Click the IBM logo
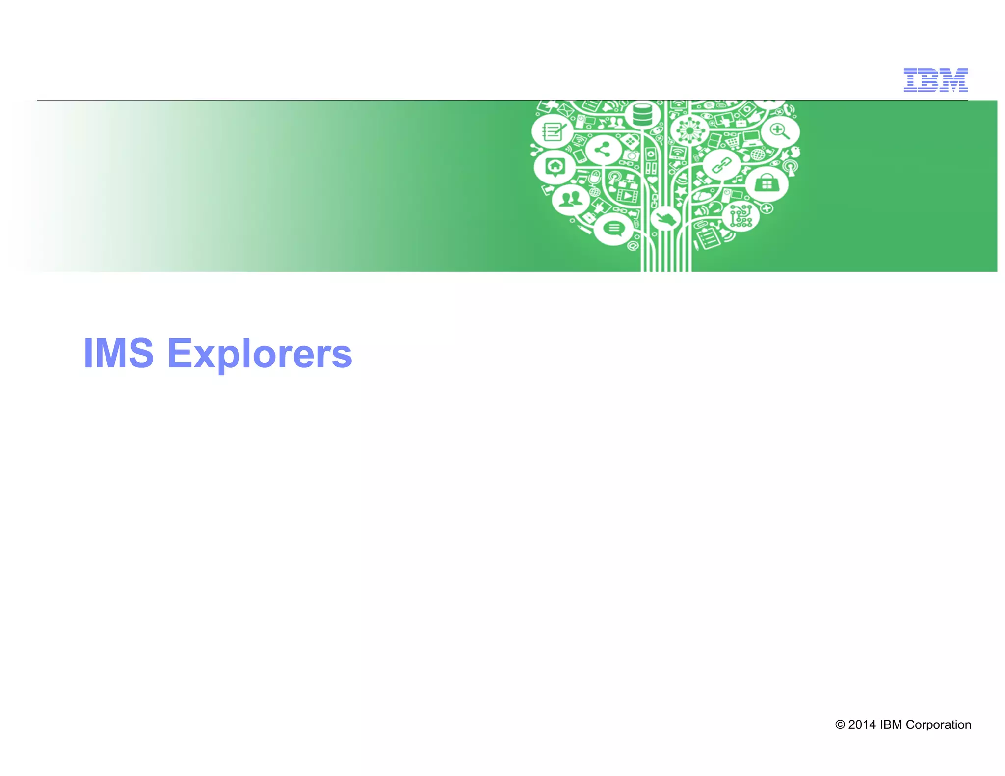coord(935,80)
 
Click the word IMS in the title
coord(118,353)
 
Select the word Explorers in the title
coord(260,354)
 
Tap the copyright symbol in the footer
coord(840,724)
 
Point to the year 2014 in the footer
coord(862,724)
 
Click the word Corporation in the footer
coord(938,724)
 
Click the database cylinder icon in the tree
coord(642,114)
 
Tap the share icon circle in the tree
coord(604,150)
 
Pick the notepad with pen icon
coord(553,131)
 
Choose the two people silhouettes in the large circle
coord(570,199)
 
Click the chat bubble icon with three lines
coord(613,228)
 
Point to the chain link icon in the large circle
coord(721,165)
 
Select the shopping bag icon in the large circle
coord(766,184)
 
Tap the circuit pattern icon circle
coord(741,216)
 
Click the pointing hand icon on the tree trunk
coord(665,217)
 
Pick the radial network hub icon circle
coord(689,131)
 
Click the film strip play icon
coord(628,195)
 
